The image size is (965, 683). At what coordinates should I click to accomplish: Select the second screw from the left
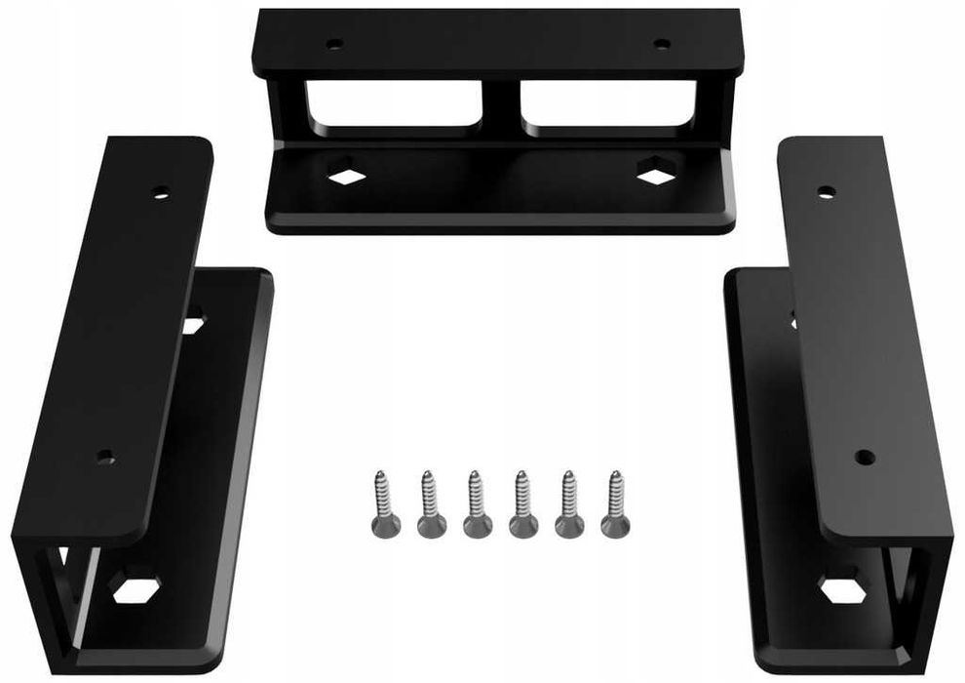coord(430,503)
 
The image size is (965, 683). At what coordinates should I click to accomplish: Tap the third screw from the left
coord(476,503)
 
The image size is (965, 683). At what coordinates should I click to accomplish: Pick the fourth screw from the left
coord(522,503)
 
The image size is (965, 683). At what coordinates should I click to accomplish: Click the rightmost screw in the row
coord(614,503)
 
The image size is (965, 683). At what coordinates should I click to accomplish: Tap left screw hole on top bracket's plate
coord(333,44)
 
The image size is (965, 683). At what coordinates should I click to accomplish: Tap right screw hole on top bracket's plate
coord(661,43)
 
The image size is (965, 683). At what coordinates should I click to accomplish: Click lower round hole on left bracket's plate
coord(106,456)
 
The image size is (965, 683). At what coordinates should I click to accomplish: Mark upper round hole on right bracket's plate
coord(826,191)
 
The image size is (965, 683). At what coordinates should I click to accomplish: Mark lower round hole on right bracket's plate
coord(862,455)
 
